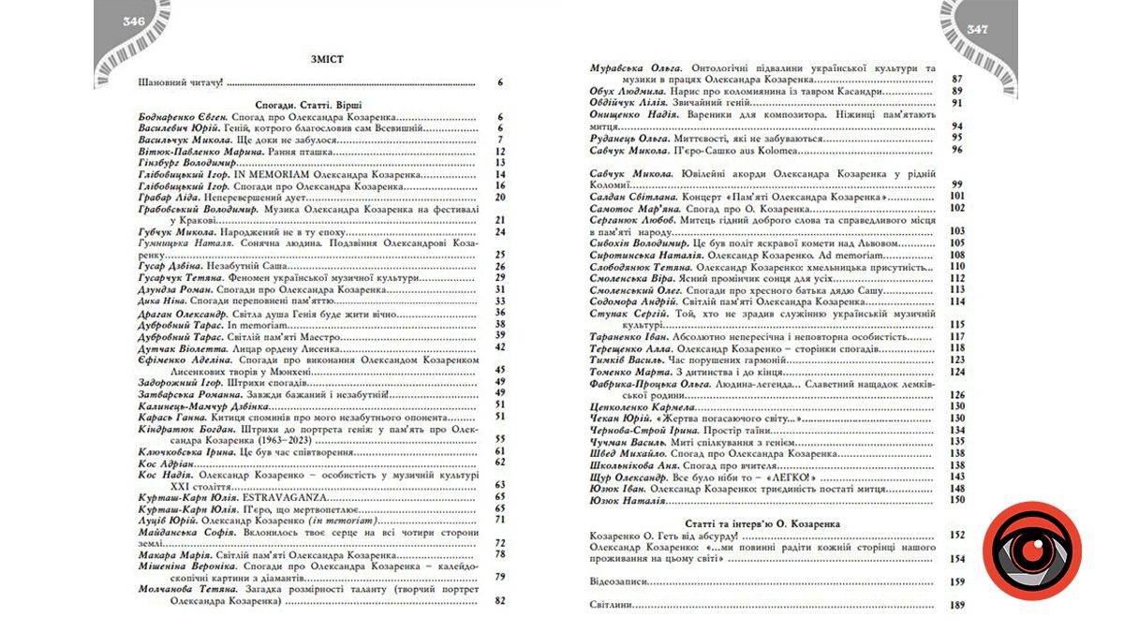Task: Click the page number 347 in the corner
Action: (x=978, y=28)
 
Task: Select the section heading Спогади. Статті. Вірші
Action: (x=308, y=106)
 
